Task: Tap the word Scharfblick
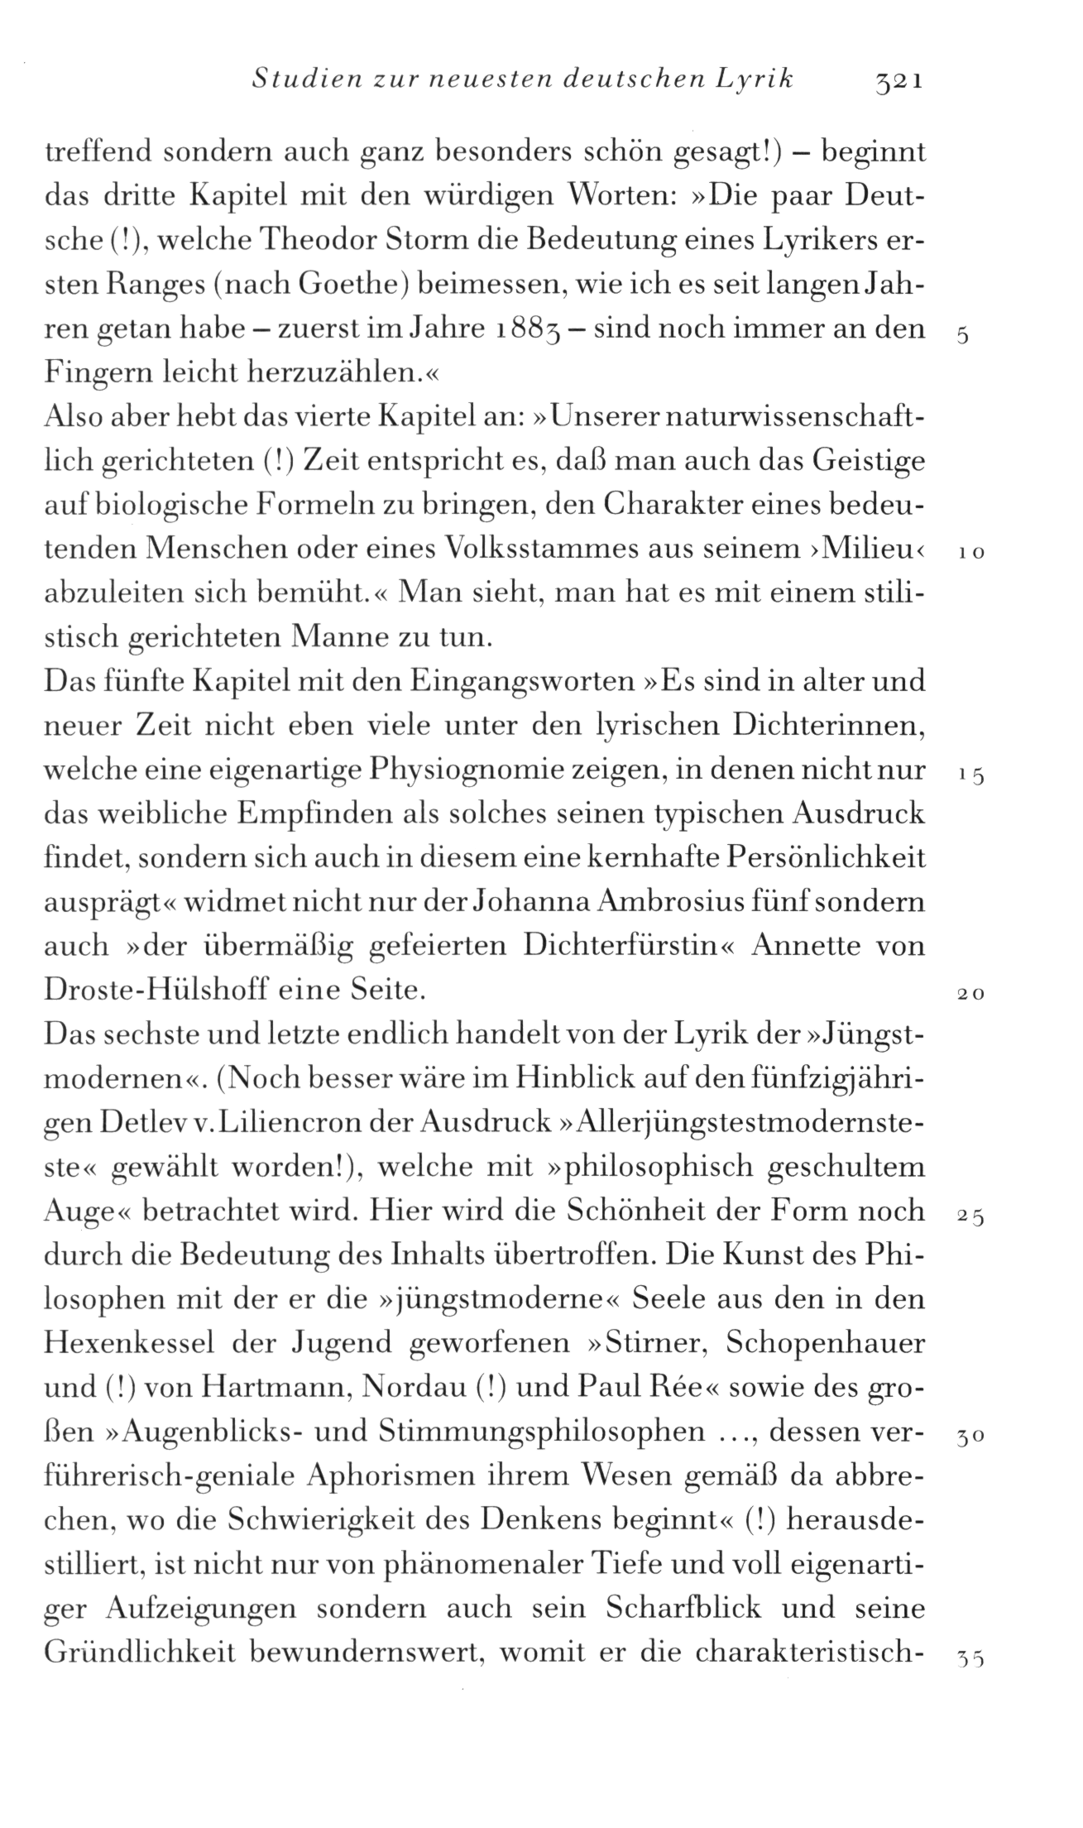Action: [683, 1610]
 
